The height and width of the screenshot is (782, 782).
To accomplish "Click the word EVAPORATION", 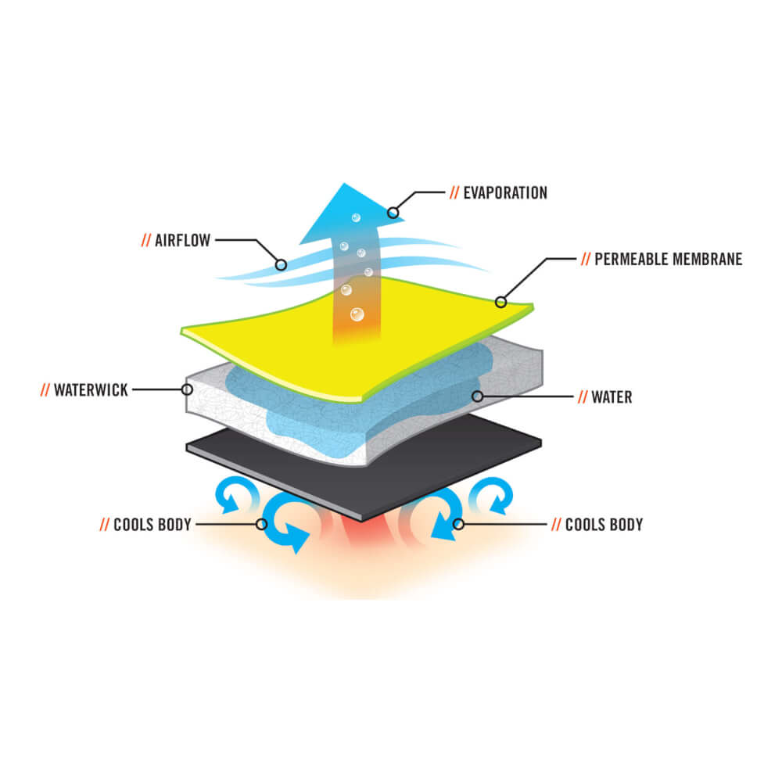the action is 505,193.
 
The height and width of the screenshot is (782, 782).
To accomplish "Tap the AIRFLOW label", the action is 182,240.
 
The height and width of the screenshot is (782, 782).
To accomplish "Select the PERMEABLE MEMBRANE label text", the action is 669,260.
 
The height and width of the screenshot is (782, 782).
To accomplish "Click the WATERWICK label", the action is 91,390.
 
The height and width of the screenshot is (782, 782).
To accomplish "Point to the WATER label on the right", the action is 612,397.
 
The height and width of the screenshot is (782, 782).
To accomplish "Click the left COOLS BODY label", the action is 152,525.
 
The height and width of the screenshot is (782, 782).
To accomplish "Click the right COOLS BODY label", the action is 604,525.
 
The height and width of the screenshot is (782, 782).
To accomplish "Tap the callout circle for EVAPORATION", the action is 393,213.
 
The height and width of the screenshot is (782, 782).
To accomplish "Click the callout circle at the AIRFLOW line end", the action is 281,265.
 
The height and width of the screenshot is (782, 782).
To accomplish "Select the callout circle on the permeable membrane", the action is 500,302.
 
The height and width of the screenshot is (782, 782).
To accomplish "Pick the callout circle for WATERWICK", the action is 187,389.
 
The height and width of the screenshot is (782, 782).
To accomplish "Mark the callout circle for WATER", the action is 477,396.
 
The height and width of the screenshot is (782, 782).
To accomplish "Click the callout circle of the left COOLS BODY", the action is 261,524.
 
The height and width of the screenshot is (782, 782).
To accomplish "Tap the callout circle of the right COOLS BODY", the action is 458,524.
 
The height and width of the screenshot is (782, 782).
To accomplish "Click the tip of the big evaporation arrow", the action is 344,184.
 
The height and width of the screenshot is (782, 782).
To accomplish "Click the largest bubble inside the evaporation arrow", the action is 357,314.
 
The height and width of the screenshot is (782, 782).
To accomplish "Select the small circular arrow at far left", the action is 236,494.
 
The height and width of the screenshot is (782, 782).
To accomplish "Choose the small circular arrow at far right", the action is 493,495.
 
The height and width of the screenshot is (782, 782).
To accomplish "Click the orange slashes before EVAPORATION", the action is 454,193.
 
